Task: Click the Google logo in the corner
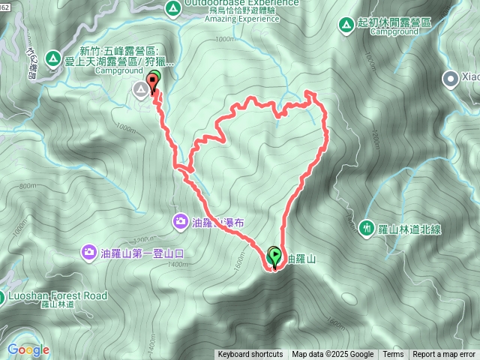pos(28,349)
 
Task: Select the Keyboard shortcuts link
pos(250,355)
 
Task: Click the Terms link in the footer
pos(393,355)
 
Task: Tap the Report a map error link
pos(444,355)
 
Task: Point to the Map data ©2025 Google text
pos(332,355)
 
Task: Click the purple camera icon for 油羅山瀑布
pos(181,221)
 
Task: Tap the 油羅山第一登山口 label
pos(142,253)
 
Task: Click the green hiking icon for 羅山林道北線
pos(367,227)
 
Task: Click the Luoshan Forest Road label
pos(57,296)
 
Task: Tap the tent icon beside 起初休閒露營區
pos(346,25)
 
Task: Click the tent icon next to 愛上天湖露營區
pos(53,57)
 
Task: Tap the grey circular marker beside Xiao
pos(450,76)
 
